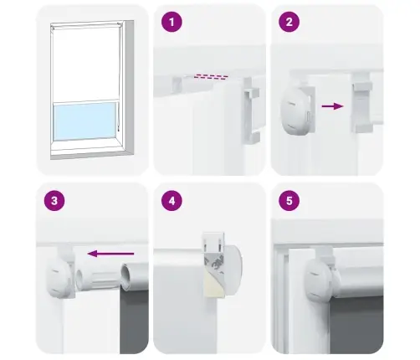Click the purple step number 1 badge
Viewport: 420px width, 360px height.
pos(172,23)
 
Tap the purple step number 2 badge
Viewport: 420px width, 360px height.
pos(288,23)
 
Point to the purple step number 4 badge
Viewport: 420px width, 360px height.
pos(172,202)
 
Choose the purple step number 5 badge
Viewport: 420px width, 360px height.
pos(288,202)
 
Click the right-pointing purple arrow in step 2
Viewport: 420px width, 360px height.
pos(332,106)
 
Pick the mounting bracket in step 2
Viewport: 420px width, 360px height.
pos(361,101)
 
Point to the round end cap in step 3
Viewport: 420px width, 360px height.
pos(57,272)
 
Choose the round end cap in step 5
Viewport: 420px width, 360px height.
pos(319,276)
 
